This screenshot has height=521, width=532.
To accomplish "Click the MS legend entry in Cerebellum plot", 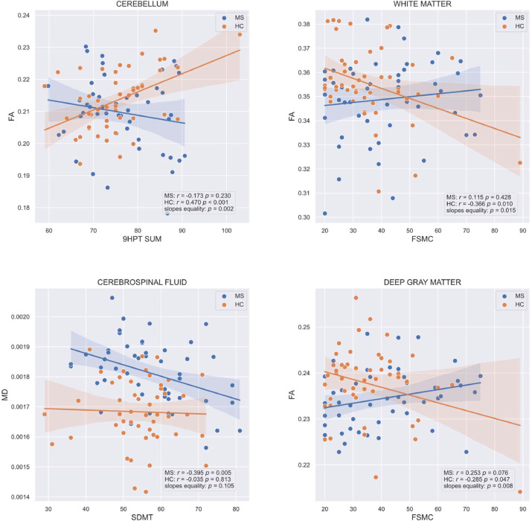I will point(235,16).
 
